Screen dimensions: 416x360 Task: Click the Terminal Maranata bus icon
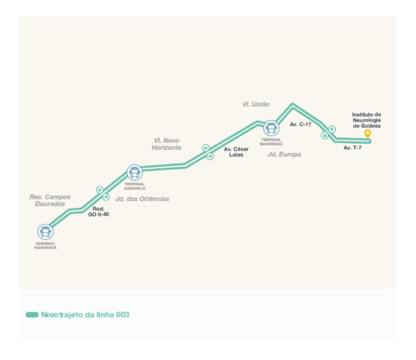pos(45,232)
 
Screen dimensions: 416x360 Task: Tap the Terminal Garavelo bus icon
pos(135,172)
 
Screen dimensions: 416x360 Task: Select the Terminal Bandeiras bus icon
pos(271,128)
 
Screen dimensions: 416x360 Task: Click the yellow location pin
pos(368,134)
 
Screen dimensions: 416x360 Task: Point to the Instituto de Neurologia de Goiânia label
pos(366,120)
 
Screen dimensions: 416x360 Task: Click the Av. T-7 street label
pos(353,148)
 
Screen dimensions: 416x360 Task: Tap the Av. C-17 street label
pos(301,125)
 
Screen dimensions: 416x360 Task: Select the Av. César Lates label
pos(236,152)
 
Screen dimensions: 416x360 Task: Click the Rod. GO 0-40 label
pos(99,212)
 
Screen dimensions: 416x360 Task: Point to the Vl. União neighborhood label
pos(256,104)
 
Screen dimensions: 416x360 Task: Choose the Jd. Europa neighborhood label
pos(284,154)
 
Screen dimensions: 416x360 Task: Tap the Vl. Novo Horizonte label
pos(167,144)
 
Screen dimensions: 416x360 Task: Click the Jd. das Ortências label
pos(142,199)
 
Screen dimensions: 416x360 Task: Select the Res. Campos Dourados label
pos(50,200)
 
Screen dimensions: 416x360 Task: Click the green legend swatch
pos(32,315)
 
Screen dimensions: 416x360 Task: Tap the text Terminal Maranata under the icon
pos(45,245)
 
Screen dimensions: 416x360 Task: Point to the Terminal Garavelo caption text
pos(135,186)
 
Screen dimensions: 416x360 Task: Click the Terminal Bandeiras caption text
pos(271,142)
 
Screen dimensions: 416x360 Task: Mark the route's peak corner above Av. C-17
pos(292,105)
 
